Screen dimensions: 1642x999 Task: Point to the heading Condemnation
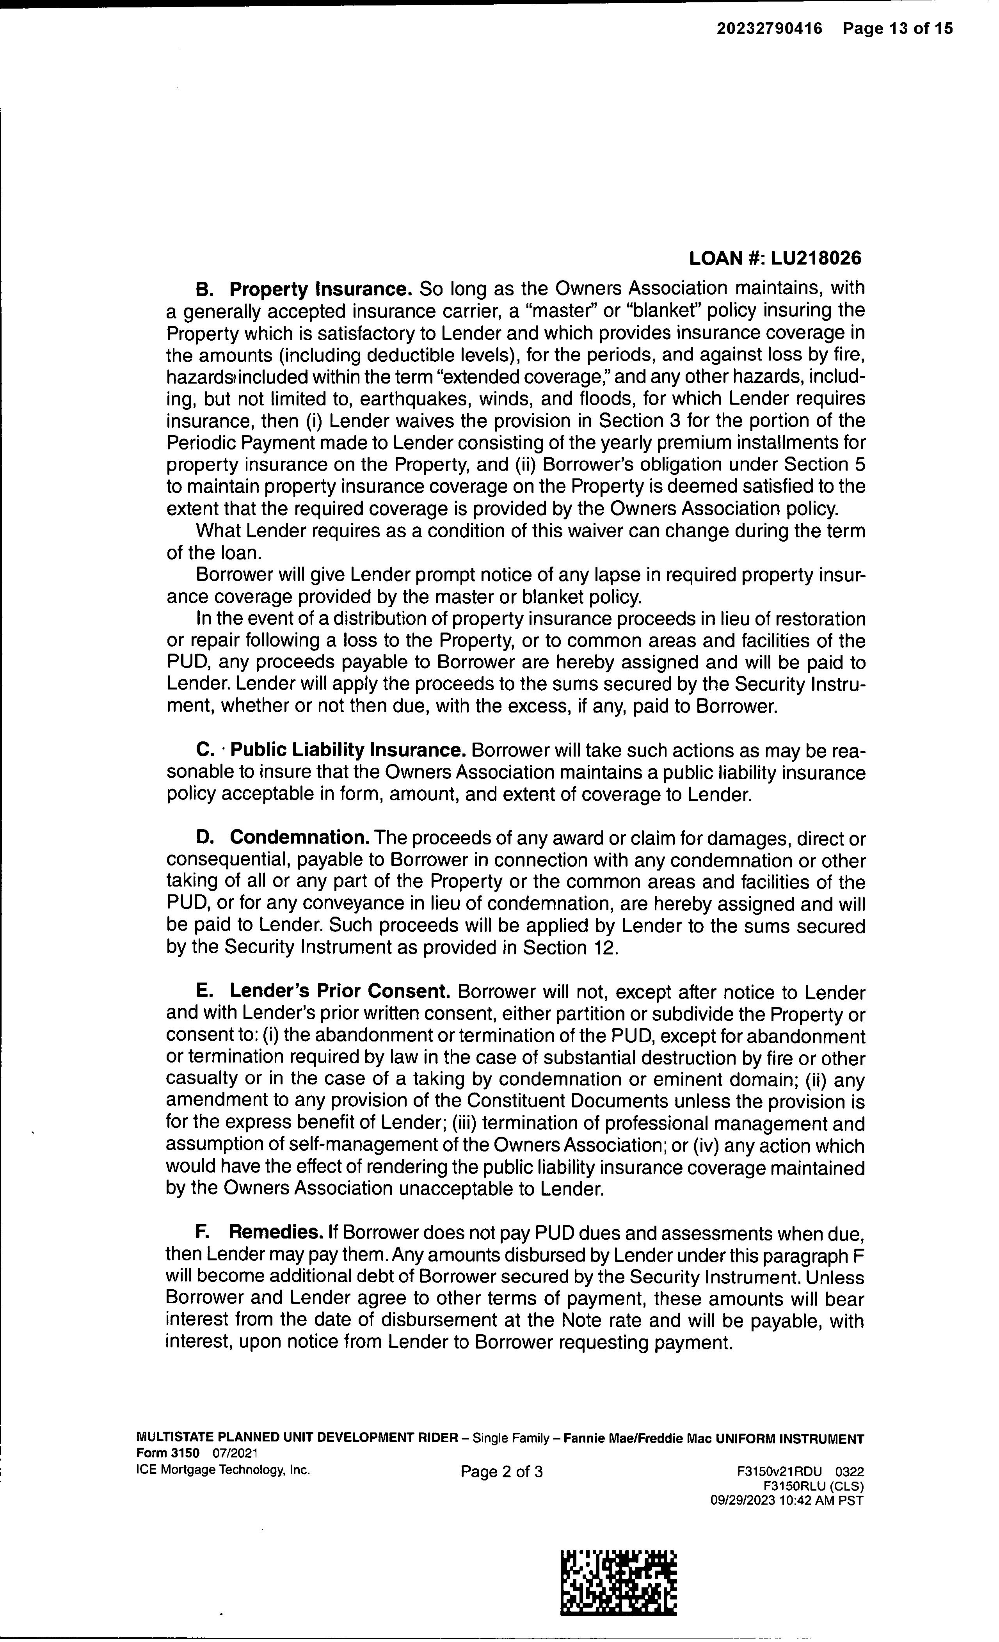(x=300, y=838)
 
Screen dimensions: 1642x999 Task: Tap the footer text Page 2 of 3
(x=501, y=1471)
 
